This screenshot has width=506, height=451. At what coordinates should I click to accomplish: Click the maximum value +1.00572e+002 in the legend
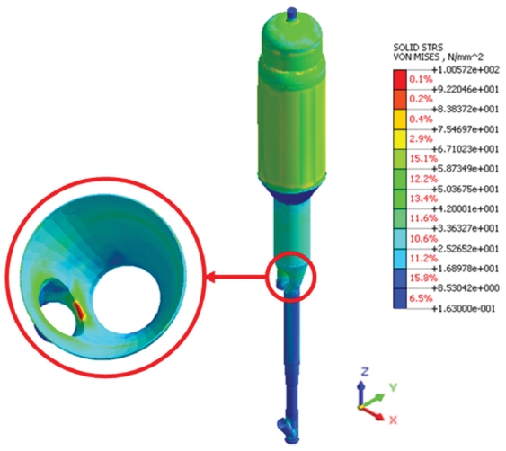click(466, 70)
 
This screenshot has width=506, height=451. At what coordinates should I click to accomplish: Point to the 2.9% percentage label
click(421, 139)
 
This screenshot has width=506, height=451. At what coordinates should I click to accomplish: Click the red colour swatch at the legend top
click(400, 80)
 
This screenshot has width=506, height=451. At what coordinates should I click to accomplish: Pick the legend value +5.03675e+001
click(466, 189)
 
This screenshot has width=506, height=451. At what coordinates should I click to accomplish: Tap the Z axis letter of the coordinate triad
click(365, 372)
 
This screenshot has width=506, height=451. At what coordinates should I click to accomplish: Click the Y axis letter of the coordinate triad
click(393, 387)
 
